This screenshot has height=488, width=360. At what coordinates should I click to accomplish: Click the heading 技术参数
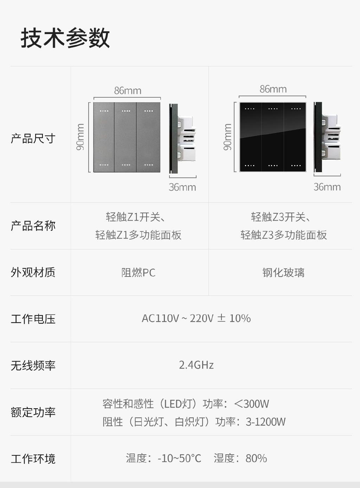[x=65, y=38]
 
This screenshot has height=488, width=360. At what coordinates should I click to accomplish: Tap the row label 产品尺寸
[x=33, y=138]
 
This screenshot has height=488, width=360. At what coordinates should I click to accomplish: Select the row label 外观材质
[x=33, y=272]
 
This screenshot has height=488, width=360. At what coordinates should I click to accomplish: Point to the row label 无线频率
[x=33, y=365]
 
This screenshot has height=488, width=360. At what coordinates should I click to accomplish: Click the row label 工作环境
[x=33, y=459]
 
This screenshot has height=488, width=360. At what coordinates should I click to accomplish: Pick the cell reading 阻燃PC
[x=138, y=273]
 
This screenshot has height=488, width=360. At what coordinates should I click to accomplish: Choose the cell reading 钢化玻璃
[x=283, y=273]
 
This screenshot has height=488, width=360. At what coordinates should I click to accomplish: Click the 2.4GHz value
[x=196, y=365]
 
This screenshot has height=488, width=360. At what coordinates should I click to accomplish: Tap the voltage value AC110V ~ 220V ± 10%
[x=196, y=318]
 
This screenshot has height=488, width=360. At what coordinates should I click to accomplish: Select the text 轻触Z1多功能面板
[x=138, y=235]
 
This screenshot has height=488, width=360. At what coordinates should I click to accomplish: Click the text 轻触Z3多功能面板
[x=283, y=235]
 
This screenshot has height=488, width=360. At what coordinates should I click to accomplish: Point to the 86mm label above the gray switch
[x=128, y=91]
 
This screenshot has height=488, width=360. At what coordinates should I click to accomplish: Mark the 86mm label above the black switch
[x=273, y=89]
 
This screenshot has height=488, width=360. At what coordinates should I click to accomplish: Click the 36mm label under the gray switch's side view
[x=182, y=187]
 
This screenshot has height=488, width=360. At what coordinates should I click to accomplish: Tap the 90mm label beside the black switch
[x=228, y=137]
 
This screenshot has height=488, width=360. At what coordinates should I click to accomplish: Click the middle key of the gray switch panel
[x=126, y=137]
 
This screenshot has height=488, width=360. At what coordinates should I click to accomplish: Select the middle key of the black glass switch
[x=273, y=137]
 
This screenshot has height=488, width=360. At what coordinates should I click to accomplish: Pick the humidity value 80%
[x=256, y=458]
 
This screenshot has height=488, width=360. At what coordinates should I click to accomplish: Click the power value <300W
[x=251, y=404]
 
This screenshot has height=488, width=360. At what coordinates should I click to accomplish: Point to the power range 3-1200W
[x=265, y=422]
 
